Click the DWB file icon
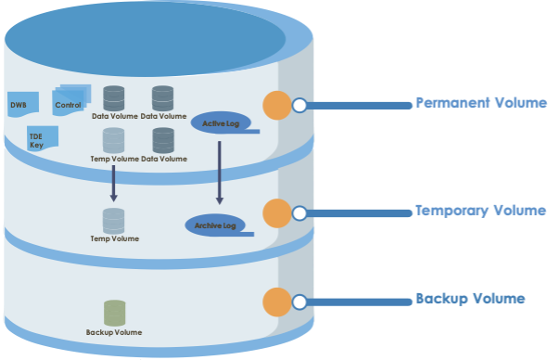tap(22, 104)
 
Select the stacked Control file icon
tap(70, 99)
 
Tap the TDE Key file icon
tap(41, 137)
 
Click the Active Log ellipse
tap(221, 122)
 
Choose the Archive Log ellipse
tap(215, 225)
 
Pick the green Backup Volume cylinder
tap(114, 313)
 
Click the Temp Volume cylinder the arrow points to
tap(113, 221)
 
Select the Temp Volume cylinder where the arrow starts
tap(113, 140)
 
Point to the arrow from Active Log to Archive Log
tap(220, 172)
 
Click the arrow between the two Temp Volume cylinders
tap(113, 183)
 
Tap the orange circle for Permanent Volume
tap(277, 105)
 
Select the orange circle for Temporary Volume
tap(277, 212)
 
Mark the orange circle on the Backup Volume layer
tap(277, 302)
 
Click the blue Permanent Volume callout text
tap(480, 103)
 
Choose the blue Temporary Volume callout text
tap(479, 211)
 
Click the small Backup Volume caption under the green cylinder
tap(114, 332)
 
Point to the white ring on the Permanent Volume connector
tap(299, 106)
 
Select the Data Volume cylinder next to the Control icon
tap(114, 97)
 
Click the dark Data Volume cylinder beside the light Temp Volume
tap(163, 140)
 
